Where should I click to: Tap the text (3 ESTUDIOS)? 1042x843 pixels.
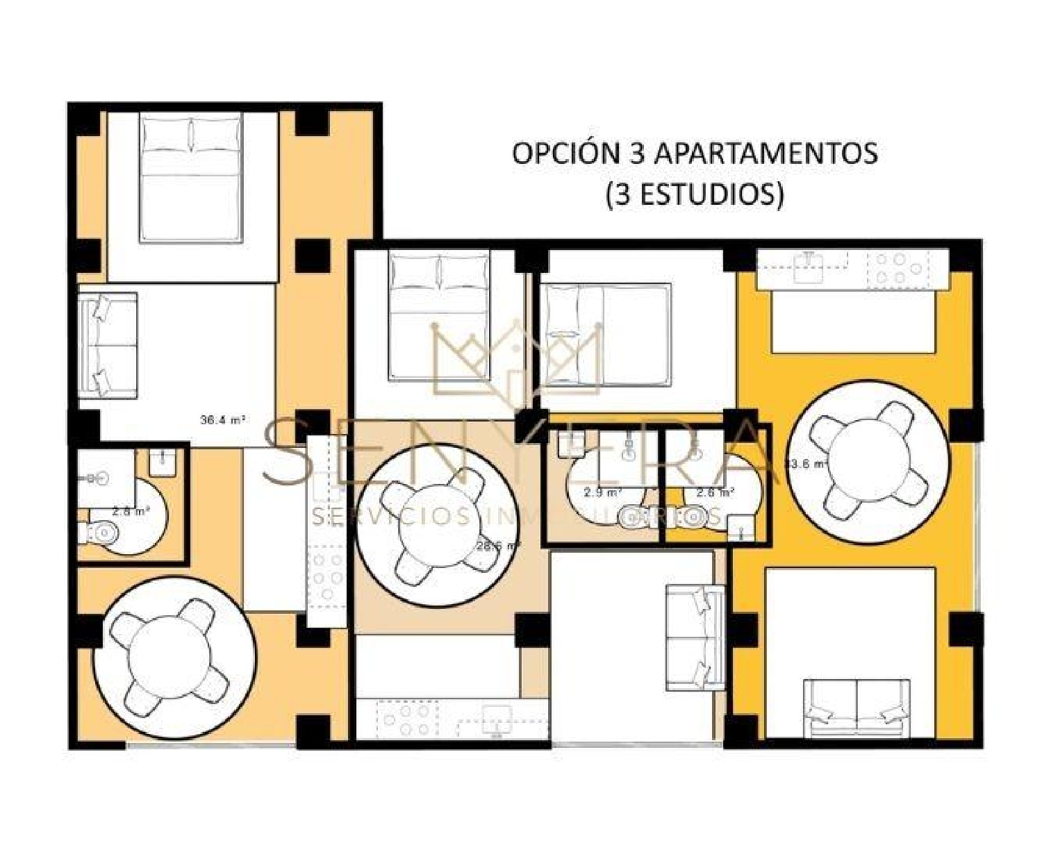[695, 194]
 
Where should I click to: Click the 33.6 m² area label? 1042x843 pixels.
[805, 465]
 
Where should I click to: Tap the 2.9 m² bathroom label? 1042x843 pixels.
[602, 493]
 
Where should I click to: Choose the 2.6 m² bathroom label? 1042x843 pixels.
[715, 493]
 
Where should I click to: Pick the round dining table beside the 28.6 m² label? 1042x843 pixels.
[436, 525]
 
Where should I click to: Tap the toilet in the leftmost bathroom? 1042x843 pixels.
[99, 533]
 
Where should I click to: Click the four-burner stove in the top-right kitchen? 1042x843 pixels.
[891, 268]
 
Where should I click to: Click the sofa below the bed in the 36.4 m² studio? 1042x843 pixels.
[107, 345]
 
